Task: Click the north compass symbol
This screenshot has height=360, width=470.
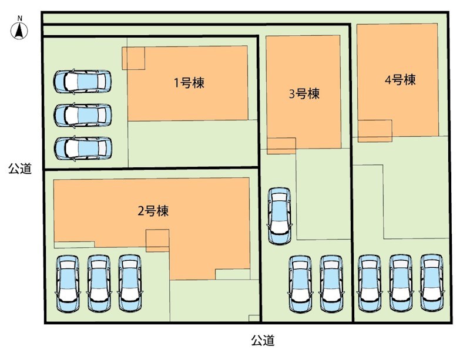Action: click(19, 31)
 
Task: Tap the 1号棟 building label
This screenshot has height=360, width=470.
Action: click(189, 83)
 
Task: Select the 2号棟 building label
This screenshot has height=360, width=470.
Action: click(153, 211)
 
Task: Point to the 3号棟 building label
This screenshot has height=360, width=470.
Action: click(304, 93)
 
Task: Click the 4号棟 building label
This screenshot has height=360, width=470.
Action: click(400, 80)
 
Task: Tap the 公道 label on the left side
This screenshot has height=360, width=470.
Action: click(20, 169)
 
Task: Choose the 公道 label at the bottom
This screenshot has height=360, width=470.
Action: click(263, 340)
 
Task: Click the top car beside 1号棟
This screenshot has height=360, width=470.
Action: click(82, 81)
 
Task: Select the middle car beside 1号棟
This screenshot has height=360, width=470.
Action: click(82, 115)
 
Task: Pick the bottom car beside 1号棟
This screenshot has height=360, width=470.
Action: click(82, 149)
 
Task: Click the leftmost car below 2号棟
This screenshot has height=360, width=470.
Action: click(68, 284)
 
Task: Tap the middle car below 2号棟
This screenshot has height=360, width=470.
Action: click(99, 284)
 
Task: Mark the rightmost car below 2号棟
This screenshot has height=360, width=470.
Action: click(130, 284)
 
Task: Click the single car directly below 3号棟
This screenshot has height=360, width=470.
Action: click(279, 216)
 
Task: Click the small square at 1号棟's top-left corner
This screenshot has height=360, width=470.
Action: click(133, 58)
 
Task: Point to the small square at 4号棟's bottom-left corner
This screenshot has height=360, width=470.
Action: click(375, 131)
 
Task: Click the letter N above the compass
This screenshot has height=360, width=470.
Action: click(19, 19)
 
